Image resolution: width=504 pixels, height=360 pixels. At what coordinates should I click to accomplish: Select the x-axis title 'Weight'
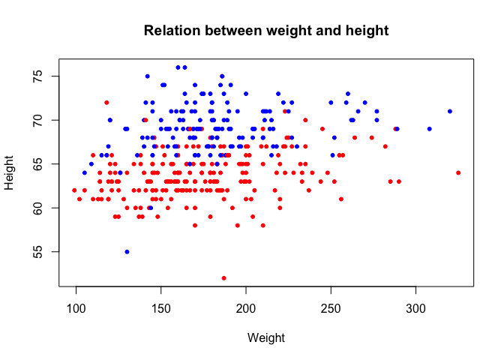tap(266, 338)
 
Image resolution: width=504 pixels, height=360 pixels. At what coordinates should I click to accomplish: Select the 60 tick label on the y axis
tap(36, 208)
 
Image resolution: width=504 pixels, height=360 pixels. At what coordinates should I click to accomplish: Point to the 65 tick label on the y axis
tap(36, 163)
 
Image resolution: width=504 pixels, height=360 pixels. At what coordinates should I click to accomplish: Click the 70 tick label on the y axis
tap(36, 120)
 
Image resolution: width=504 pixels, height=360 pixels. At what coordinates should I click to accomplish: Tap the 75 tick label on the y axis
tap(36, 76)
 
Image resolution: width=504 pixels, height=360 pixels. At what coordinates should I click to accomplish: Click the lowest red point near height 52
tap(223, 278)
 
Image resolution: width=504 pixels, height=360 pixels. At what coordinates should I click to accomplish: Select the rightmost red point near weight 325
tap(458, 172)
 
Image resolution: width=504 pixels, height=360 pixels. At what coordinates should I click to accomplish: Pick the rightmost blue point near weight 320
tap(450, 111)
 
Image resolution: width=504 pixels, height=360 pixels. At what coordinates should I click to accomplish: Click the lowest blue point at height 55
tap(127, 252)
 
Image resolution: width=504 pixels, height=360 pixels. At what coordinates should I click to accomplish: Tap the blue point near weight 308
tap(430, 129)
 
